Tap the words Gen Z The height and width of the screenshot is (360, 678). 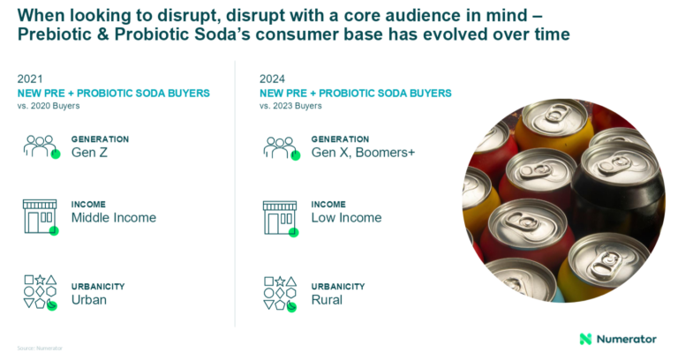[x=90, y=153]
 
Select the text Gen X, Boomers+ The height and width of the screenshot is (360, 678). [x=363, y=153]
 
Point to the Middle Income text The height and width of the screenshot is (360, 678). [x=113, y=218]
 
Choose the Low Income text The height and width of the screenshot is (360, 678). [x=346, y=218]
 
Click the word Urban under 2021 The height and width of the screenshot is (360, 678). [x=88, y=300]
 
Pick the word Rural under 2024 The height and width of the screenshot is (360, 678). [x=327, y=300]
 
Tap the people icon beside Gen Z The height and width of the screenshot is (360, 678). [x=41, y=146]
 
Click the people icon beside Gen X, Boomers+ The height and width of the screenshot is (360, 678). [x=281, y=146]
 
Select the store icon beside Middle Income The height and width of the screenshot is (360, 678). [x=40, y=217]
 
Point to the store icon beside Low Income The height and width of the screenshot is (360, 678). [x=281, y=217]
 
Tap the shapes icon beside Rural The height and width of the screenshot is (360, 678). [x=281, y=292]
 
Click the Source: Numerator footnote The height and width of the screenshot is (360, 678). [x=35, y=348]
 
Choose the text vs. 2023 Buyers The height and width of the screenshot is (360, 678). [x=290, y=106]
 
